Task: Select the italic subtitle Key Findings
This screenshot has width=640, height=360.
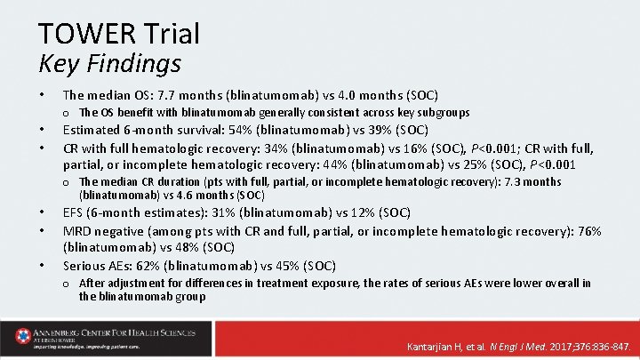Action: click(109, 64)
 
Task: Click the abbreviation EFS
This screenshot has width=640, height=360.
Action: click(74, 212)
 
